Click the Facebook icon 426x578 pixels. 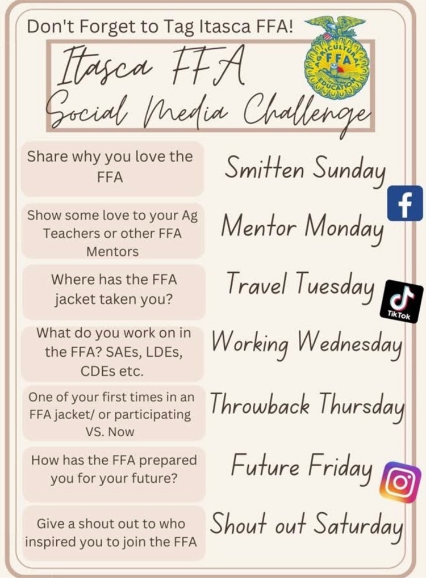405,204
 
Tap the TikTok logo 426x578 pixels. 401,301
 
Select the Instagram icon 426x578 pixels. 400,482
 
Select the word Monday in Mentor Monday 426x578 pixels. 343,228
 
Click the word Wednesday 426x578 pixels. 349,343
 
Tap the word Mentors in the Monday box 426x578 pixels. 112,252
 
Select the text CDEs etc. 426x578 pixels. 112,371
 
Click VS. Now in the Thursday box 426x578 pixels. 110,432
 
